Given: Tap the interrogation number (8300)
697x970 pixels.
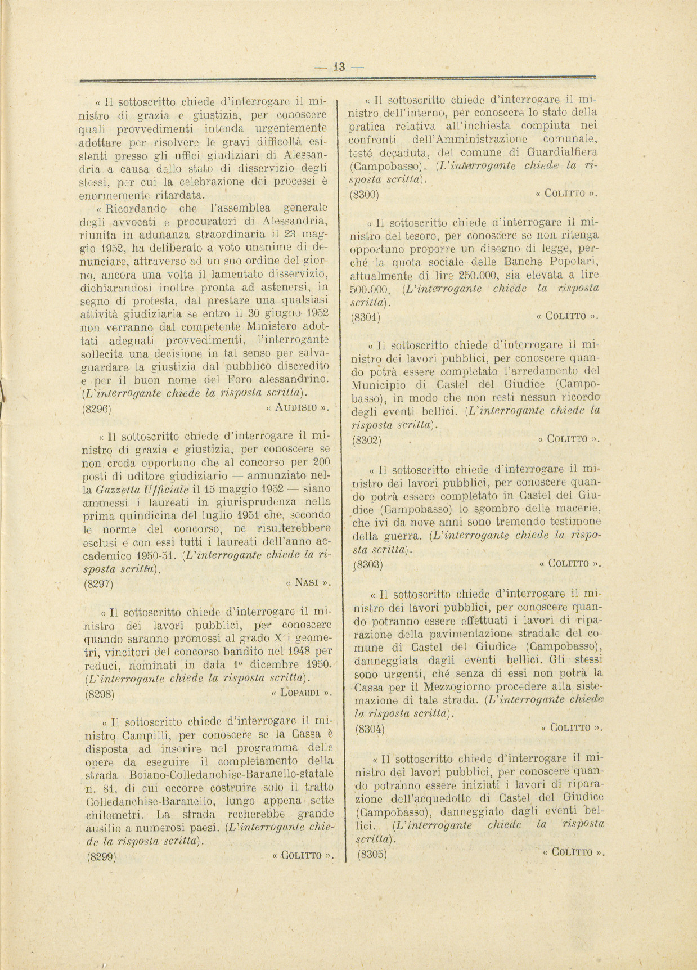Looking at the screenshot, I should (365, 195).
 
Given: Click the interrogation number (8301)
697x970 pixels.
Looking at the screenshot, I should (365, 317).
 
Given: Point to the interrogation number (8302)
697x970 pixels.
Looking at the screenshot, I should (367, 440).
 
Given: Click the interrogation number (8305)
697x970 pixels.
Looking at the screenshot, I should (372, 854).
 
